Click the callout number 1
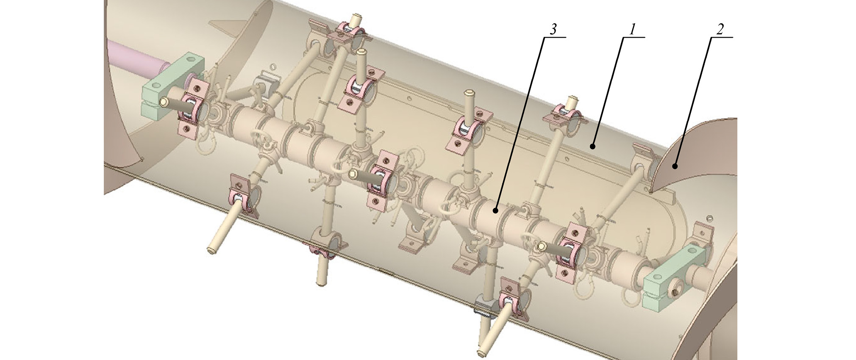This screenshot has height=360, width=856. coord(632,30)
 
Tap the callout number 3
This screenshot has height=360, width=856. coord(553,30)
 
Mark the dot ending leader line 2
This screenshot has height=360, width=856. coord(676,166)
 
